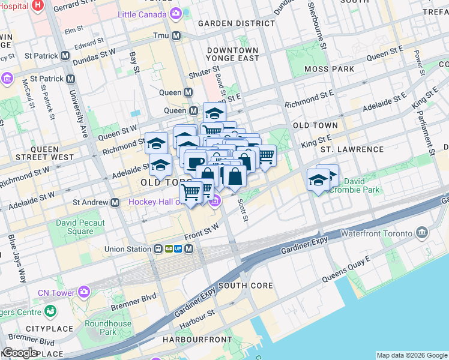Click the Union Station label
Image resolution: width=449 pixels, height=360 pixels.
(x=127, y=248)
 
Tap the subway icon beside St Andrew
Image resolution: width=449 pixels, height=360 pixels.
(x=115, y=203)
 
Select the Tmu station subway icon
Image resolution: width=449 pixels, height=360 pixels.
(x=176, y=36)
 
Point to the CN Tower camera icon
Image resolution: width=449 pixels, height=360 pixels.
(x=84, y=292)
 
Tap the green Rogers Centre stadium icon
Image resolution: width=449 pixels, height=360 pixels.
(x=50, y=311)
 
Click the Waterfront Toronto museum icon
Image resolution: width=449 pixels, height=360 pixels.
(x=421, y=233)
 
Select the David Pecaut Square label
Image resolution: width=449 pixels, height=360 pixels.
(x=80, y=227)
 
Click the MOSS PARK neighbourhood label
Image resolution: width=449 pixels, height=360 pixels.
(x=329, y=69)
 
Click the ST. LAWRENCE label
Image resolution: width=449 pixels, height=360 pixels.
(x=352, y=149)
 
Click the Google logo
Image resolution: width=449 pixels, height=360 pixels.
(x=20, y=352)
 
